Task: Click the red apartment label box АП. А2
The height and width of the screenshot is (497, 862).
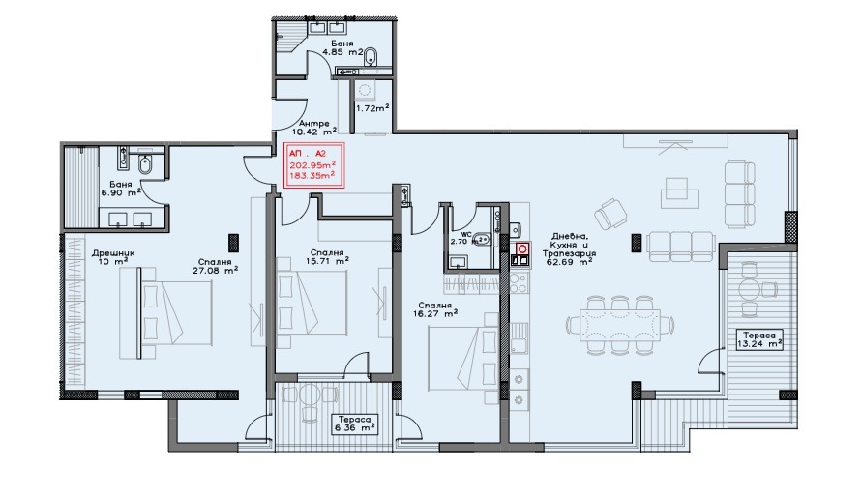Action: point(313,165)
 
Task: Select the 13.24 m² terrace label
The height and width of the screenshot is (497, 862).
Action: point(760,340)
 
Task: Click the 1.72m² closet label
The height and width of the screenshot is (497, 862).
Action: point(372,108)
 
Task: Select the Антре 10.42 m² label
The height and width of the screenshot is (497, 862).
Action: point(314,128)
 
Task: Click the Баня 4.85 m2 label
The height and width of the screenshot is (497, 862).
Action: point(342,47)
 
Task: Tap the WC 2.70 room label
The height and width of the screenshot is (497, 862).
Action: point(461,238)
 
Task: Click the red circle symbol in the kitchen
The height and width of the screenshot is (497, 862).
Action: point(522,248)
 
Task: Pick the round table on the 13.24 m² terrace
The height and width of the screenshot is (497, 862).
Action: point(751,289)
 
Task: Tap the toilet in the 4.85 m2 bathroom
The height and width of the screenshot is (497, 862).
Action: point(372,57)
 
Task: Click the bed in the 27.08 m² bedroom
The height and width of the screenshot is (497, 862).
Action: point(177,313)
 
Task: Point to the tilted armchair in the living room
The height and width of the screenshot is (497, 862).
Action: point(610,214)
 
